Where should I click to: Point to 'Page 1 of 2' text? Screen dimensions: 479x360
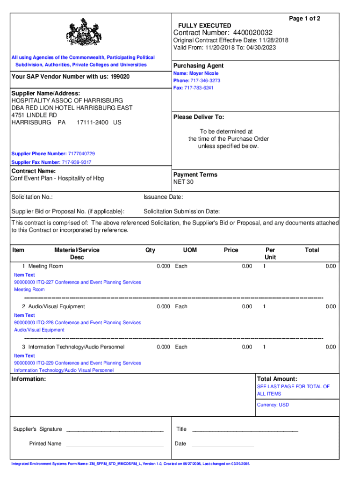pyautogui.click(x=304, y=18)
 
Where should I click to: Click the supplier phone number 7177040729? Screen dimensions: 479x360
pyautogui.click(x=81, y=153)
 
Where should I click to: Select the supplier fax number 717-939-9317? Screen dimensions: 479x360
pyautogui.click(x=77, y=162)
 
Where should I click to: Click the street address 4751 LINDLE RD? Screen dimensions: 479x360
pyautogui.click(x=34, y=115)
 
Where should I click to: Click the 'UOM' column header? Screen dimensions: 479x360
pyautogui.click(x=190, y=250)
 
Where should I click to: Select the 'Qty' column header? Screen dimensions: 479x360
pyautogui.click(x=150, y=250)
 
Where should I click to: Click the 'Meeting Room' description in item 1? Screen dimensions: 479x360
pyautogui.click(x=45, y=266)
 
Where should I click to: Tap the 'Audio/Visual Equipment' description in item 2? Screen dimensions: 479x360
pyautogui.click(x=57, y=306)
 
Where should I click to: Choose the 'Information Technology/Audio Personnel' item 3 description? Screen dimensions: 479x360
pyautogui.click(x=76, y=347)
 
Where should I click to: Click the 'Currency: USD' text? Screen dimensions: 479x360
pyautogui.click(x=273, y=405)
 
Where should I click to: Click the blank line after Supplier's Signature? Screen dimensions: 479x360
pyautogui.click(x=115, y=429)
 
